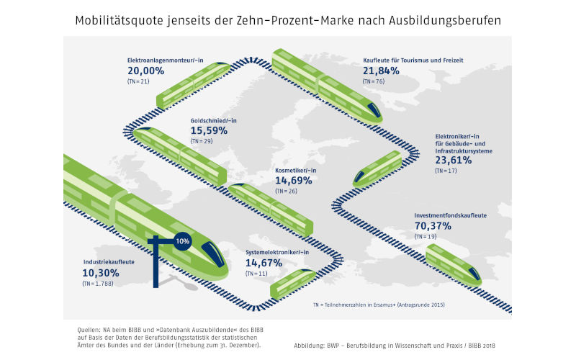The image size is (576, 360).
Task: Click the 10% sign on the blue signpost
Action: (181, 241)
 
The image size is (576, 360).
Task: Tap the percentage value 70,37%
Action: (434, 226)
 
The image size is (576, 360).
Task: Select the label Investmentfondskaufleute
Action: (450, 215)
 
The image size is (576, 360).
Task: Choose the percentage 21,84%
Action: (382, 71)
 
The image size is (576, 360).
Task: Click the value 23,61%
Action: (454, 160)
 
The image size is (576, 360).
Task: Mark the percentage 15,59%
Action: (209, 131)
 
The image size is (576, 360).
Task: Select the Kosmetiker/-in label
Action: (296, 171)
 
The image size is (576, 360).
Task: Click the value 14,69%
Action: (295, 181)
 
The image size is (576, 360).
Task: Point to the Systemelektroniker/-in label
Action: (277, 252)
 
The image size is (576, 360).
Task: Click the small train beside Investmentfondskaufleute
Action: (453, 264)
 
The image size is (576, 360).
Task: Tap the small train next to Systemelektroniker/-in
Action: (292, 282)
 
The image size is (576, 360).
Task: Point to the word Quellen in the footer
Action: (91, 329)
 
